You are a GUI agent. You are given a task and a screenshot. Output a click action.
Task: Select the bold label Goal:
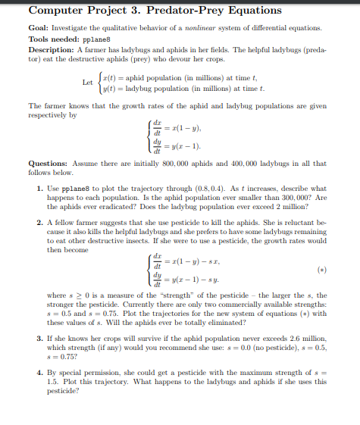click(39, 26)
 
